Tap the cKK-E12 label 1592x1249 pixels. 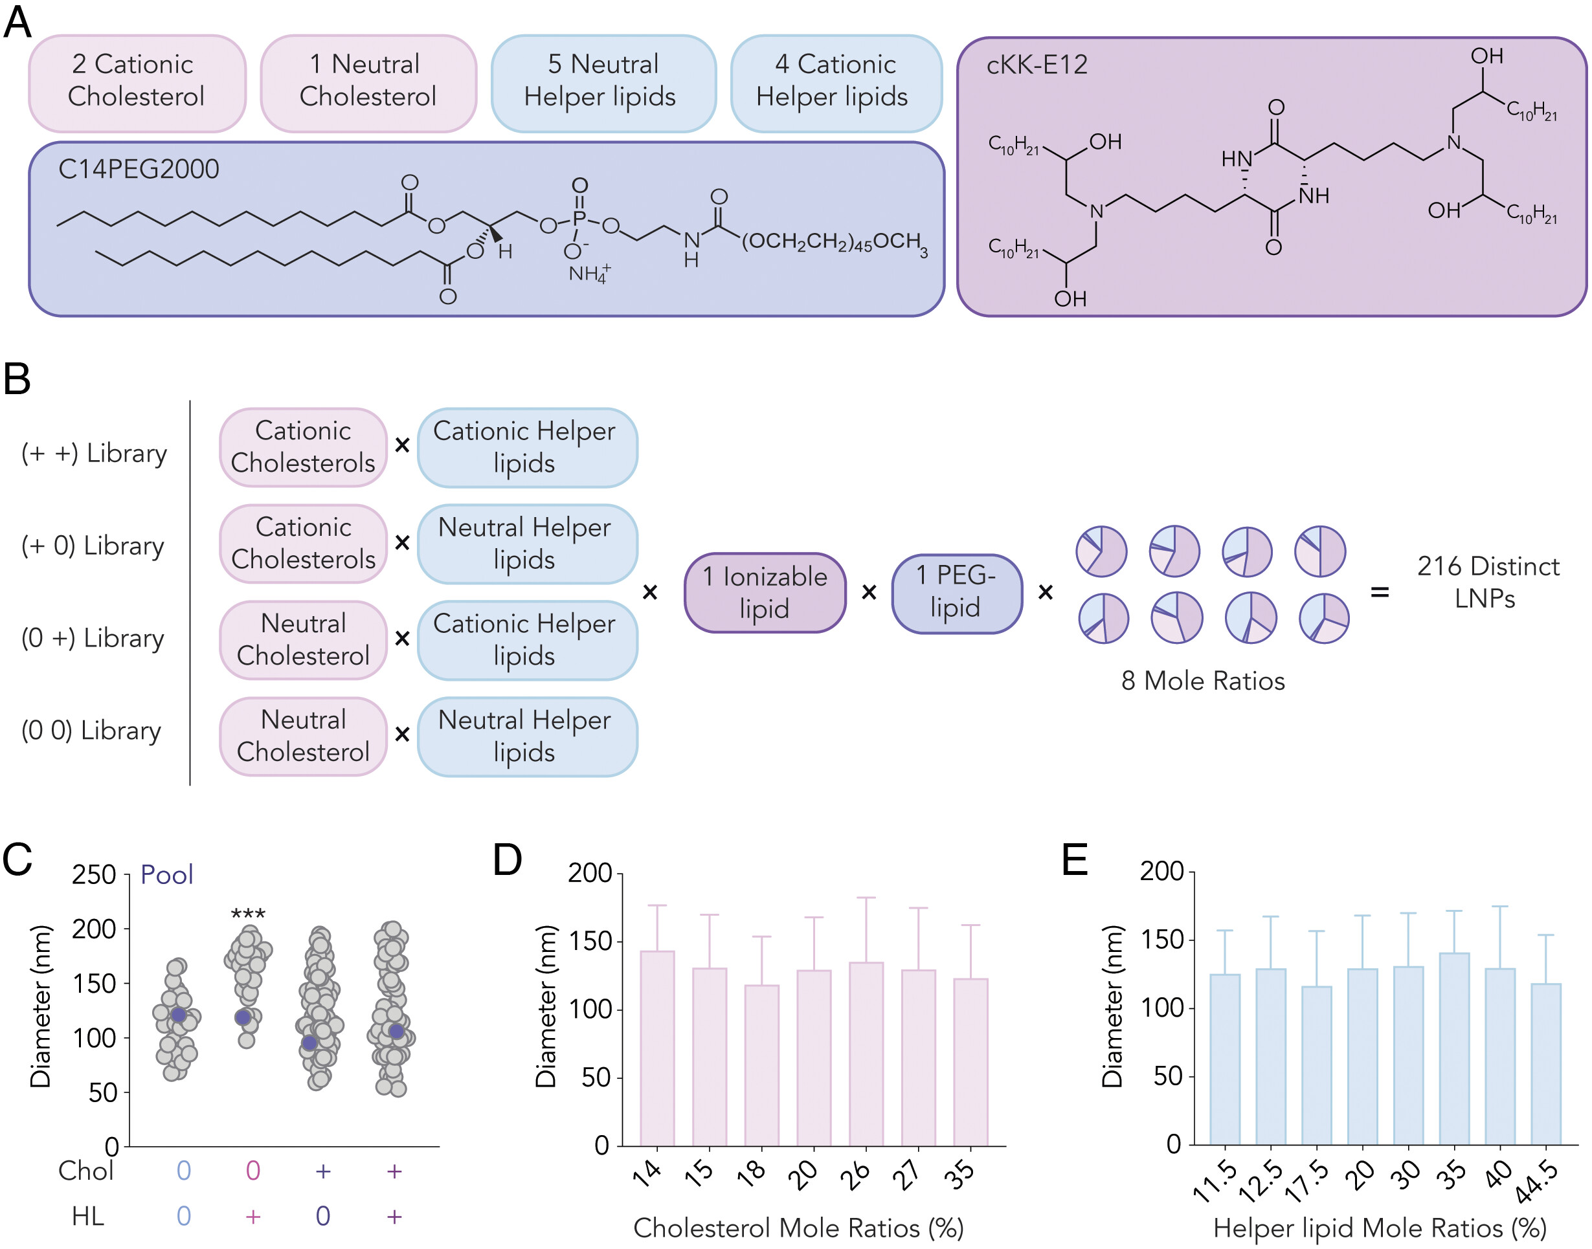[x=1036, y=65]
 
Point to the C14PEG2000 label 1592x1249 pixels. [x=139, y=169]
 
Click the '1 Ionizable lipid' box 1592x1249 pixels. [x=764, y=592]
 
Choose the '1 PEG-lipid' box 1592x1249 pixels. [x=956, y=592]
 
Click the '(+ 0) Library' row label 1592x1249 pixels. [x=93, y=546]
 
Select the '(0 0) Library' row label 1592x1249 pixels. [x=91, y=730]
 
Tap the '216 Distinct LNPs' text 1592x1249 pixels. [x=1486, y=582]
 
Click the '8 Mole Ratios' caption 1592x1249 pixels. [x=1202, y=681]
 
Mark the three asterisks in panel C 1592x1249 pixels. [x=248, y=913]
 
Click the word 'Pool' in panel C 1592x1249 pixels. [x=167, y=874]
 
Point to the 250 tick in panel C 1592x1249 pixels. [x=95, y=874]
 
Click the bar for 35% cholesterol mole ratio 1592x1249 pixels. [x=970, y=1062]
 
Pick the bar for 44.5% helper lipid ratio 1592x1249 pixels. [x=1545, y=1064]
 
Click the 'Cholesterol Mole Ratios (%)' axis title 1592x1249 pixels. [x=798, y=1228]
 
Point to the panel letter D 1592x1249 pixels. [x=508, y=860]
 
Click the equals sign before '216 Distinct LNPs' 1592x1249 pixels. [x=1379, y=592]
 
